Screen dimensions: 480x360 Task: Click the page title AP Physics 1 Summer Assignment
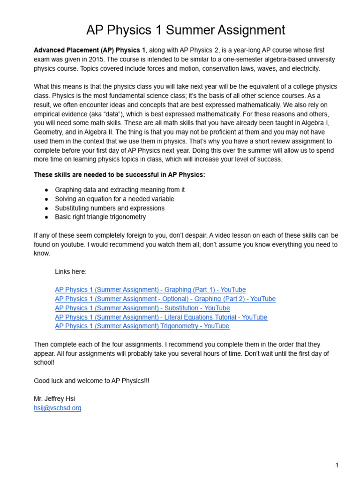point(186,30)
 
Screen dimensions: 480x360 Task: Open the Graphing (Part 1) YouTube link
point(150,290)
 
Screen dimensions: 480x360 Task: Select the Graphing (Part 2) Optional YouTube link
point(165,299)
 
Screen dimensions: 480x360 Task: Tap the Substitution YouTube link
point(142,308)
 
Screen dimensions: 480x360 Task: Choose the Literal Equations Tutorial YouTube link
point(161,317)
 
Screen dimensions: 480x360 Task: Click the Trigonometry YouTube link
point(142,326)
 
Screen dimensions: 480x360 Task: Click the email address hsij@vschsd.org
point(57,408)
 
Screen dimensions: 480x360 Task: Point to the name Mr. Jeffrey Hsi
point(54,399)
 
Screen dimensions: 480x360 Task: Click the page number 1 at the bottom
point(337,465)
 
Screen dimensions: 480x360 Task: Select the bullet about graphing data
point(120,190)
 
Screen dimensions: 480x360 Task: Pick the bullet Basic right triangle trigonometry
point(100,217)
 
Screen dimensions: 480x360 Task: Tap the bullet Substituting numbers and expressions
point(110,208)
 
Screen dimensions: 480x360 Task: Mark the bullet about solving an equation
point(114,199)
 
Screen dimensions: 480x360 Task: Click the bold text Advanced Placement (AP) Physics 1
point(90,50)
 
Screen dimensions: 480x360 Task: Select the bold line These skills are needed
point(120,175)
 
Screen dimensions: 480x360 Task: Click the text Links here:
point(71,272)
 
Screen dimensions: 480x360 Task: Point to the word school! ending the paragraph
point(45,362)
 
